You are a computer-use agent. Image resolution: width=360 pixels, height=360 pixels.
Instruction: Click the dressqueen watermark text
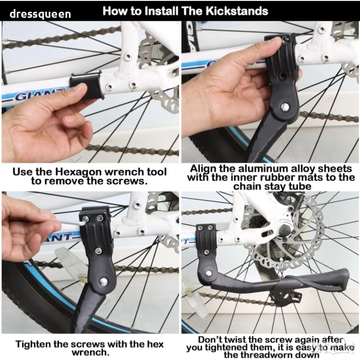pos(40,14)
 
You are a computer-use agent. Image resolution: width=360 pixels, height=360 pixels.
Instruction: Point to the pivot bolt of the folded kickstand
pos(209,273)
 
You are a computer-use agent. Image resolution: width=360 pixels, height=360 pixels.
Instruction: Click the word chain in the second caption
pos(247,186)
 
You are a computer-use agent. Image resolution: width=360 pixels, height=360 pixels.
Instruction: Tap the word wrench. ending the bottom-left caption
pos(89,352)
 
